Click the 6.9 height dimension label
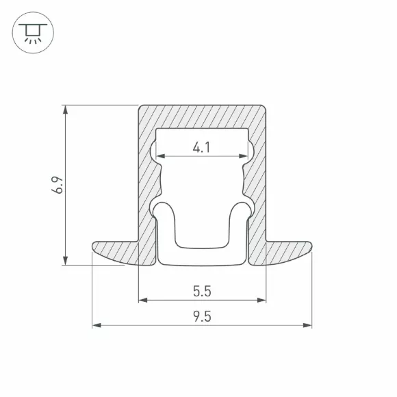pos(57,185)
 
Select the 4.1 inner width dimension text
pos(201,147)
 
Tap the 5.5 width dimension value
pos(202,291)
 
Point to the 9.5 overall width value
pos(202,316)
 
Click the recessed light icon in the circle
pos(33,33)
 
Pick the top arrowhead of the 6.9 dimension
pos(65,110)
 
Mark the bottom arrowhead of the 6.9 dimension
pos(65,261)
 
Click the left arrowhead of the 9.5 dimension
pos(97,325)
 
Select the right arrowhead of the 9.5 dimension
pos(307,325)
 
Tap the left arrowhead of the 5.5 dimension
pos(143,300)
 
